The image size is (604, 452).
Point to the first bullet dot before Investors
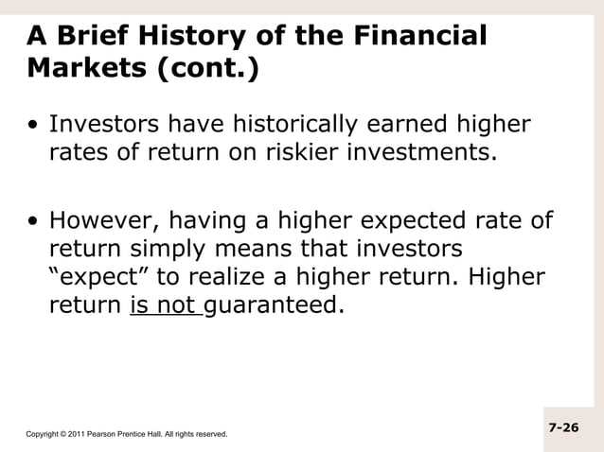tap(34, 127)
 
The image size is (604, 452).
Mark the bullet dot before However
tap(34, 223)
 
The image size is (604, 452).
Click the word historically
tap(297, 125)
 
